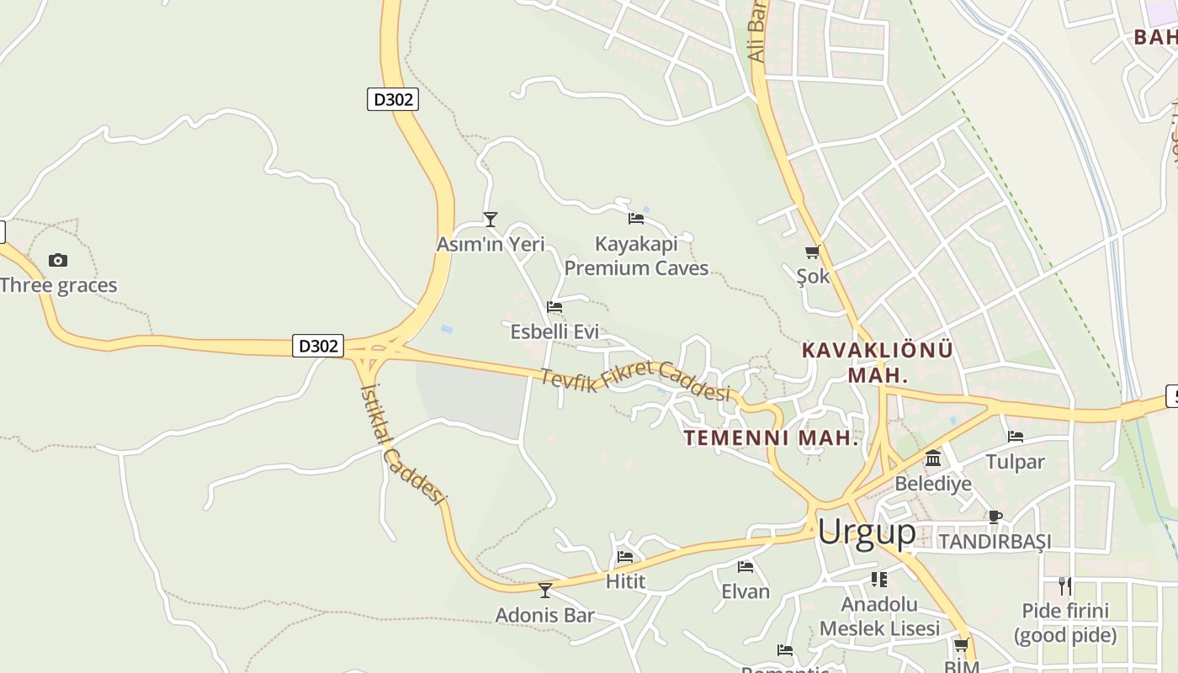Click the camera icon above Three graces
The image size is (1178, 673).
click(x=57, y=260)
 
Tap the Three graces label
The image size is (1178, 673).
click(x=59, y=285)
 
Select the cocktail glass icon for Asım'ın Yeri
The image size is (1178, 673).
click(x=491, y=220)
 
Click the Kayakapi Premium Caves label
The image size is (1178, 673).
click(x=636, y=256)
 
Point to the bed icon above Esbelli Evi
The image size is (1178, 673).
click(x=554, y=307)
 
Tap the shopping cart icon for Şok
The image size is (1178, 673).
click(x=812, y=252)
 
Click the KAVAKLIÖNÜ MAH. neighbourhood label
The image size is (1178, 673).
click(x=878, y=362)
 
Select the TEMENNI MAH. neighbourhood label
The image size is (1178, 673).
click(x=770, y=437)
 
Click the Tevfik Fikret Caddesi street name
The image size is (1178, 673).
click(x=634, y=381)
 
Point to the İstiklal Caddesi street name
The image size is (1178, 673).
click(x=401, y=443)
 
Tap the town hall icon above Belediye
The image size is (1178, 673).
click(x=933, y=458)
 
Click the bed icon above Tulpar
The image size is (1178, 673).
click(x=1016, y=437)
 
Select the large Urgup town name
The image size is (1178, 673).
click(x=867, y=532)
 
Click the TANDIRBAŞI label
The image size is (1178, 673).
click(x=995, y=541)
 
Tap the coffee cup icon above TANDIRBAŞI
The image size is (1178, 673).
click(x=995, y=517)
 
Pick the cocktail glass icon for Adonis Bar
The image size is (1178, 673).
click(x=545, y=591)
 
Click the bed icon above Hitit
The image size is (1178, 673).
click(x=625, y=557)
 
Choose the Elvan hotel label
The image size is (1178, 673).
click(x=746, y=591)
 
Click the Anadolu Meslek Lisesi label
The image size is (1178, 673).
click(x=879, y=616)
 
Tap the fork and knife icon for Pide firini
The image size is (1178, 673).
click(x=1065, y=586)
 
